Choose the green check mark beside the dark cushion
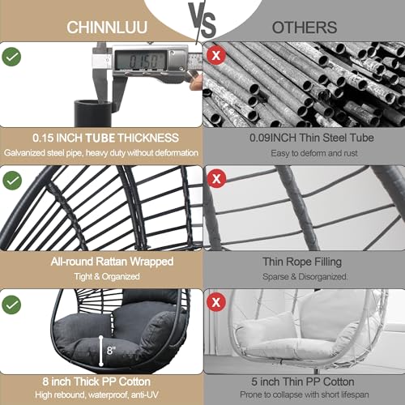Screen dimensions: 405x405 point(12,304)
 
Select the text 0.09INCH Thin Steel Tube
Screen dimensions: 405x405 point(301,138)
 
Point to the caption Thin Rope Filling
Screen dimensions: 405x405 point(301,261)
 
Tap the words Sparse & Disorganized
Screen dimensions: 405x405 point(301,275)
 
